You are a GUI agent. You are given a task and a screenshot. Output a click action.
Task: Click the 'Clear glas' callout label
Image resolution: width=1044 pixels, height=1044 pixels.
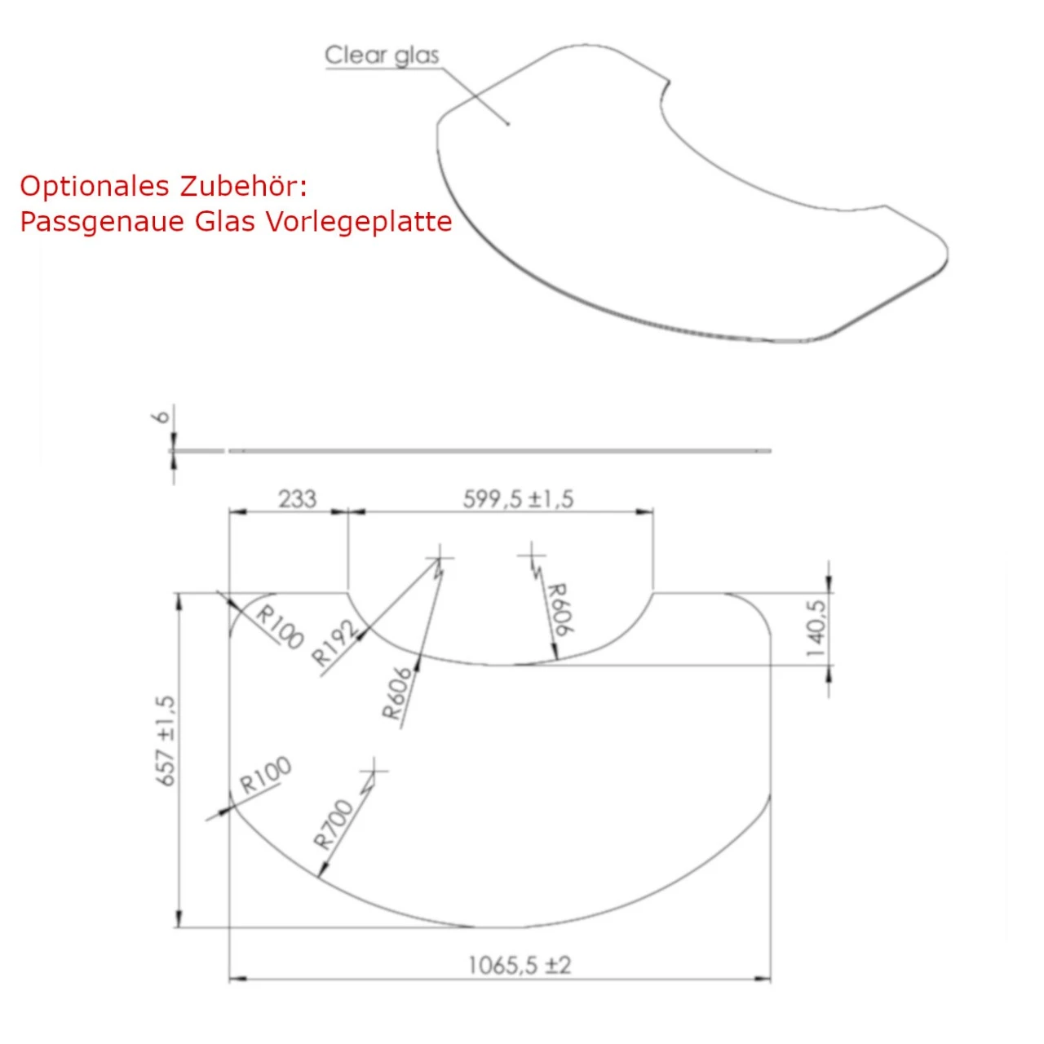pyautogui.click(x=382, y=55)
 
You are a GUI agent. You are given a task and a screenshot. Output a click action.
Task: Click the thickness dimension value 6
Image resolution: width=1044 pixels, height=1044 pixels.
pyautogui.click(x=162, y=417)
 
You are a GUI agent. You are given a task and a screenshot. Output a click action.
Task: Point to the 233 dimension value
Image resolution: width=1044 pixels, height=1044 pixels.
pyautogui.click(x=298, y=499)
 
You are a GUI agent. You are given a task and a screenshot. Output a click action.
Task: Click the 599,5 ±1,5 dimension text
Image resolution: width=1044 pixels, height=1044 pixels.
pyautogui.click(x=518, y=499)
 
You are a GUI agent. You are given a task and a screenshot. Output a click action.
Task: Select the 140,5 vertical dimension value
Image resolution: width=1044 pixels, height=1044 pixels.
pyautogui.click(x=817, y=628)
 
